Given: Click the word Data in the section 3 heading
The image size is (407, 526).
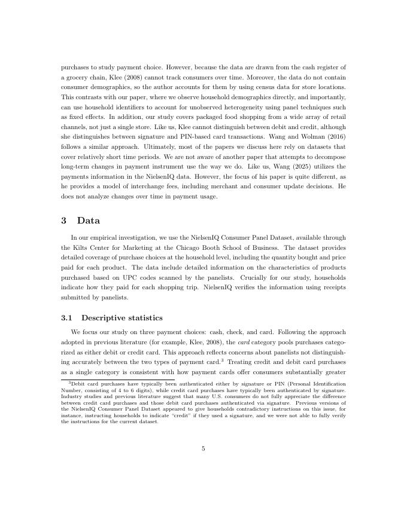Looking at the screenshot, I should click(89, 221).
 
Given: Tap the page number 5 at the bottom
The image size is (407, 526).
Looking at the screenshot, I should click(203, 448).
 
